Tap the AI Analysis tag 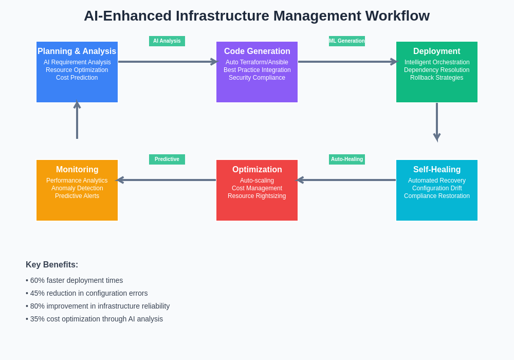[167, 41]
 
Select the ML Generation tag [347, 41]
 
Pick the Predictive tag [167, 159]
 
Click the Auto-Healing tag [347, 159]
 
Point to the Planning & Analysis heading [77, 51]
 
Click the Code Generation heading [257, 51]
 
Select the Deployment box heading [437, 51]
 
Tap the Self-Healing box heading [437, 170]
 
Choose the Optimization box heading [257, 170]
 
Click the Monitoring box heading [77, 170]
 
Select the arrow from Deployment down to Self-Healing [437, 121]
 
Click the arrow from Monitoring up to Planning [77, 120]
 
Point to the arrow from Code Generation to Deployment [347, 62]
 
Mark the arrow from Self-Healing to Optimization [346, 180]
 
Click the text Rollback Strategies [437, 78]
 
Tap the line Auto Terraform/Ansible [257, 62]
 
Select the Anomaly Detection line [77, 188]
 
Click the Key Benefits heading [52, 265]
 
